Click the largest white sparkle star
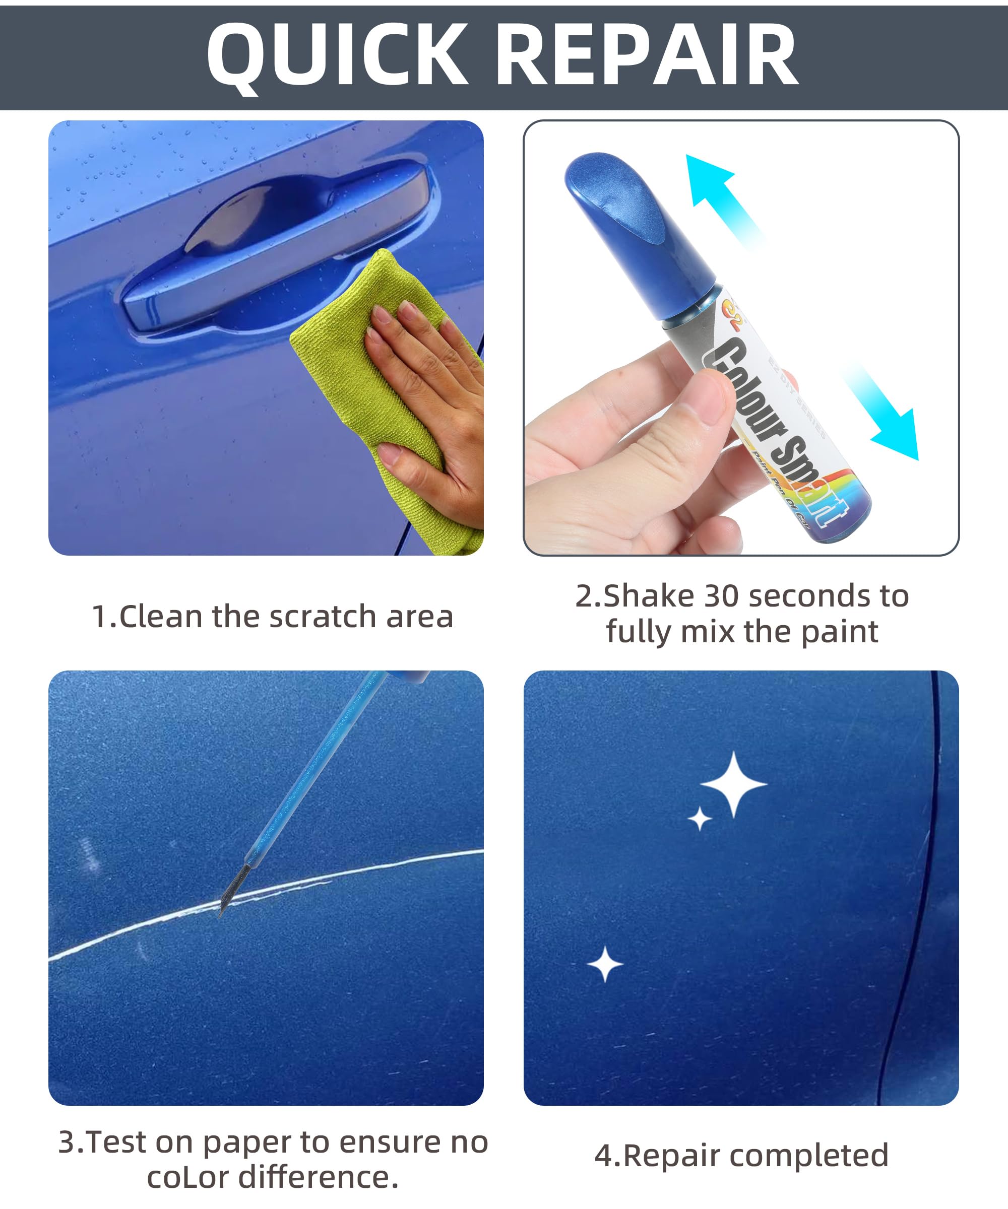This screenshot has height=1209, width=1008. pos(733,784)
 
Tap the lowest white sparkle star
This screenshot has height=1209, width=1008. pos(605,964)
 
